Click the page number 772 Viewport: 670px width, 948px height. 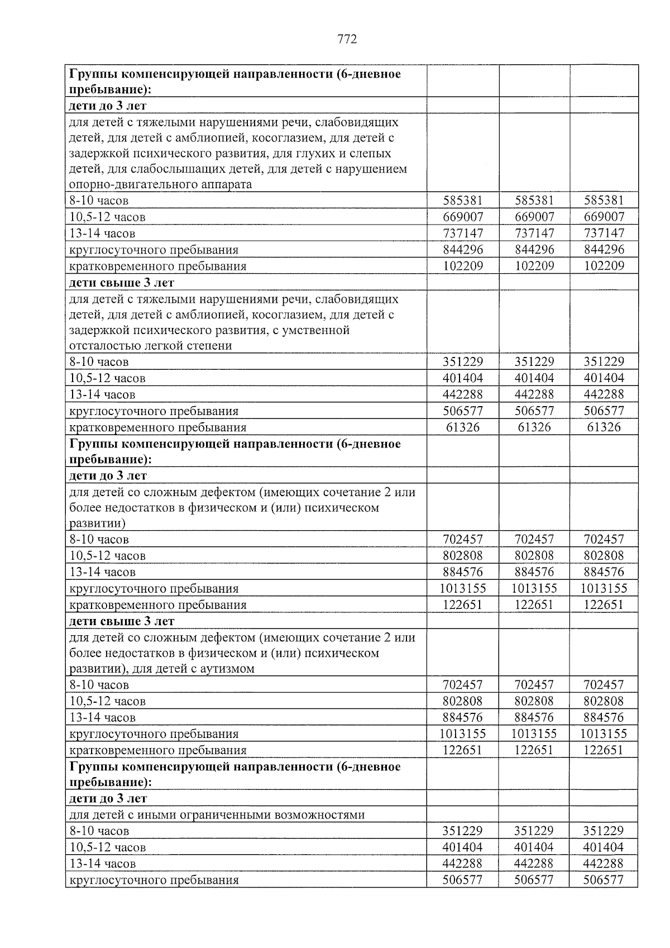347,39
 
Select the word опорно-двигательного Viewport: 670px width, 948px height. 126,185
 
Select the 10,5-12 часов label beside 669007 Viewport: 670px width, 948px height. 107,217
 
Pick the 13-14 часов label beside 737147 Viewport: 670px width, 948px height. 102,234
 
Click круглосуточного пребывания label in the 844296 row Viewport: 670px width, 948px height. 154,250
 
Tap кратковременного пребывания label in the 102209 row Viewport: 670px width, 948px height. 157,266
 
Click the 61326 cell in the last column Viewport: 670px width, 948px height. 604,427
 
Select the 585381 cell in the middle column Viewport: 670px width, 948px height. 534,201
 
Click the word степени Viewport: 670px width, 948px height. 212,346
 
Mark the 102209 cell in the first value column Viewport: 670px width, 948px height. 463,266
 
